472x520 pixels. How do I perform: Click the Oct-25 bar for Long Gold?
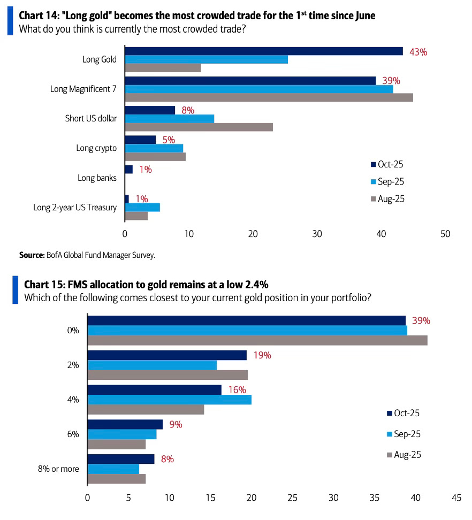click(263, 51)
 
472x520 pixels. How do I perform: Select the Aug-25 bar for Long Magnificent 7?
click(269, 97)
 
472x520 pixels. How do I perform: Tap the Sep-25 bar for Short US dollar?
click(169, 119)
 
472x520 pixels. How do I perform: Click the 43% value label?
click(418, 52)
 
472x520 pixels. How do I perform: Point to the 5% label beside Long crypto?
click(169, 140)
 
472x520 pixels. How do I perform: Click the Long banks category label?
click(97, 178)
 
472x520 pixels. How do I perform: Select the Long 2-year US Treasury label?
click(75, 207)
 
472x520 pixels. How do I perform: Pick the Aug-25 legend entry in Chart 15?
click(406, 455)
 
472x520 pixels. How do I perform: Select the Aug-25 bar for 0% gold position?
click(257, 340)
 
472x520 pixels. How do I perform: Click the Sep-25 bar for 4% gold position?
click(169, 400)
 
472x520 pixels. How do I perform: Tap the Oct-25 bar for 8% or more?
click(120, 459)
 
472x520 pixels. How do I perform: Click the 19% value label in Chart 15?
click(262, 355)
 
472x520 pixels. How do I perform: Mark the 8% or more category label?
click(58, 469)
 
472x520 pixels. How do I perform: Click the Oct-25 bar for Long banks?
click(128, 170)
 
